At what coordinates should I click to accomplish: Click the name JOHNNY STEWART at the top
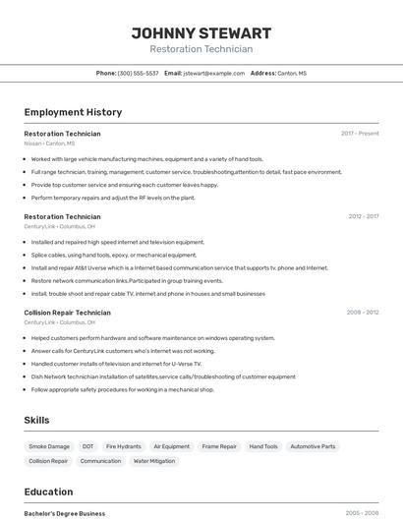(x=201, y=33)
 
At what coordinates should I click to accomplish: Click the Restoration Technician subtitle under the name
(x=201, y=49)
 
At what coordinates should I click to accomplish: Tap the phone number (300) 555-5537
(x=138, y=73)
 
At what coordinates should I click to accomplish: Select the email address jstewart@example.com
(x=213, y=73)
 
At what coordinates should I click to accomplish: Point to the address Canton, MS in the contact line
(x=292, y=73)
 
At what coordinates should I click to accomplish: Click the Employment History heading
(x=73, y=112)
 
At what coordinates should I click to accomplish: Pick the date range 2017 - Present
(x=360, y=133)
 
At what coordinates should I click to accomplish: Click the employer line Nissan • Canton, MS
(x=49, y=144)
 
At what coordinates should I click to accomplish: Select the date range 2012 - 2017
(x=363, y=216)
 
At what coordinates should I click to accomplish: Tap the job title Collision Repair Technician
(x=67, y=313)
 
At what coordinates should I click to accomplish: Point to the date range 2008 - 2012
(x=362, y=313)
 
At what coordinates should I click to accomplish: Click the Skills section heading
(x=36, y=420)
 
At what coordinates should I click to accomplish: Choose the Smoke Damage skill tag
(x=49, y=446)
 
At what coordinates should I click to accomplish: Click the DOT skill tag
(x=88, y=446)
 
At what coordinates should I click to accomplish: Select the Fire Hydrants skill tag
(x=124, y=446)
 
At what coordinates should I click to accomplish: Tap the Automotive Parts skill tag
(x=313, y=446)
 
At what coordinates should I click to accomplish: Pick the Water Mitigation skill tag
(x=154, y=460)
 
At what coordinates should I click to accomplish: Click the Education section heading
(x=48, y=492)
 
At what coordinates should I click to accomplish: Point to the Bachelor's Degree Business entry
(x=65, y=513)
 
